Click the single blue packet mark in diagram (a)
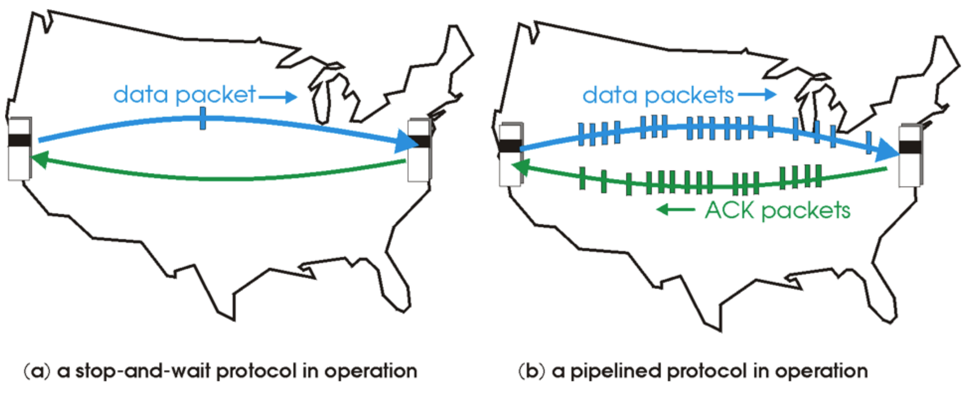pyautogui.click(x=203, y=118)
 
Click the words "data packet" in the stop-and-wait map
pyautogui.click(x=184, y=95)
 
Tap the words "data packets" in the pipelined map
pyautogui.click(x=658, y=96)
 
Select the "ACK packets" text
pyautogui.click(x=778, y=210)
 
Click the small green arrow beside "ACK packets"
pyautogui.click(x=675, y=209)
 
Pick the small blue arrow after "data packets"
pyautogui.click(x=757, y=95)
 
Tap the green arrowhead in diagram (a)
pyautogui.click(x=39, y=159)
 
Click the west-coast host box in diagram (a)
pyautogui.click(x=19, y=149)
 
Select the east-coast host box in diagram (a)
pyautogui.click(x=419, y=150)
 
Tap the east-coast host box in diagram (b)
pyautogui.click(x=910, y=155)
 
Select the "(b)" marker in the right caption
pyautogui.click(x=532, y=371)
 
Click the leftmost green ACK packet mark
pyautogui.click(x=582, y=178)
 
